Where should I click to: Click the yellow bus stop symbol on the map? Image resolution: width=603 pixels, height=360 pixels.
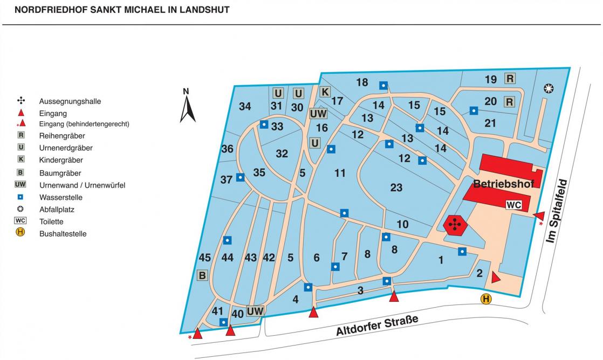pos(486,299)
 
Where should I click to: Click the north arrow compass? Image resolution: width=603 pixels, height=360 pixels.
pos(187,107)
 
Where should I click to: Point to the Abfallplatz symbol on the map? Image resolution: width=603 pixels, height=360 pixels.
pos(549,88)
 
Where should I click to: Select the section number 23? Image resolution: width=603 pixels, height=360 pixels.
pos(396,188)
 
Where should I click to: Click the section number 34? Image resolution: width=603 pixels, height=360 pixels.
pos(245,107)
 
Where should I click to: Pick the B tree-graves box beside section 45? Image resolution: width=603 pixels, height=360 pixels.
pos(202,276)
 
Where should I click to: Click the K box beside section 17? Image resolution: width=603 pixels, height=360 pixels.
pos(325,92)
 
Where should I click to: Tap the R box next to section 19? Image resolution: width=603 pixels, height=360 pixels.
pos(510,79)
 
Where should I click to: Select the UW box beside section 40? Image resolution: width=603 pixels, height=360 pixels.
pos(255,311)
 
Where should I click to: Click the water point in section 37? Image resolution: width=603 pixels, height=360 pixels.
pos(240,177)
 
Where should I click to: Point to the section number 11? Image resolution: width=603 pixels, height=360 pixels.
pos(340,173)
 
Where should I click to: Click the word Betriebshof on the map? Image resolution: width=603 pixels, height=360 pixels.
pos(504,184)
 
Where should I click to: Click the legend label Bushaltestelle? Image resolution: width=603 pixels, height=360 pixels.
pos(63,234)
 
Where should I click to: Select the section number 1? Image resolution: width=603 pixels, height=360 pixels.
pos(441,261)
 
